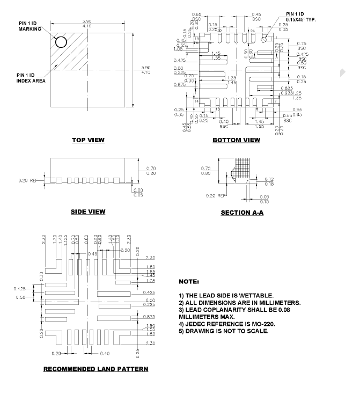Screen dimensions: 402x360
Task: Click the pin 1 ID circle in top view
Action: [61, 42]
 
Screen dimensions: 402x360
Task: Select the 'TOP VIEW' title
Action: [89, 141]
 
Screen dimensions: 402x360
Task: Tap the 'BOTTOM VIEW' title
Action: [236, 141]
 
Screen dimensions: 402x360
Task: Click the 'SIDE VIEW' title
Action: [88, 211]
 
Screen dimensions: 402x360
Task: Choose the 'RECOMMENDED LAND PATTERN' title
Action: [95, 369]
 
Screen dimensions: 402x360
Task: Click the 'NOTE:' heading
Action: [188, 282]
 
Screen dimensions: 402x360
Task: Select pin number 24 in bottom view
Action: [252, 31]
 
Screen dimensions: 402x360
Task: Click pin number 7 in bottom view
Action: [275, 101]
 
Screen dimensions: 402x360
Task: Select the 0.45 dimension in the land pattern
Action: [92, 253]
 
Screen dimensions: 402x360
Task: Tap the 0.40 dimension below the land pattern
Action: [104, 353]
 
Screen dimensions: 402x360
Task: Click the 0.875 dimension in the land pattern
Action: [150, 317]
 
